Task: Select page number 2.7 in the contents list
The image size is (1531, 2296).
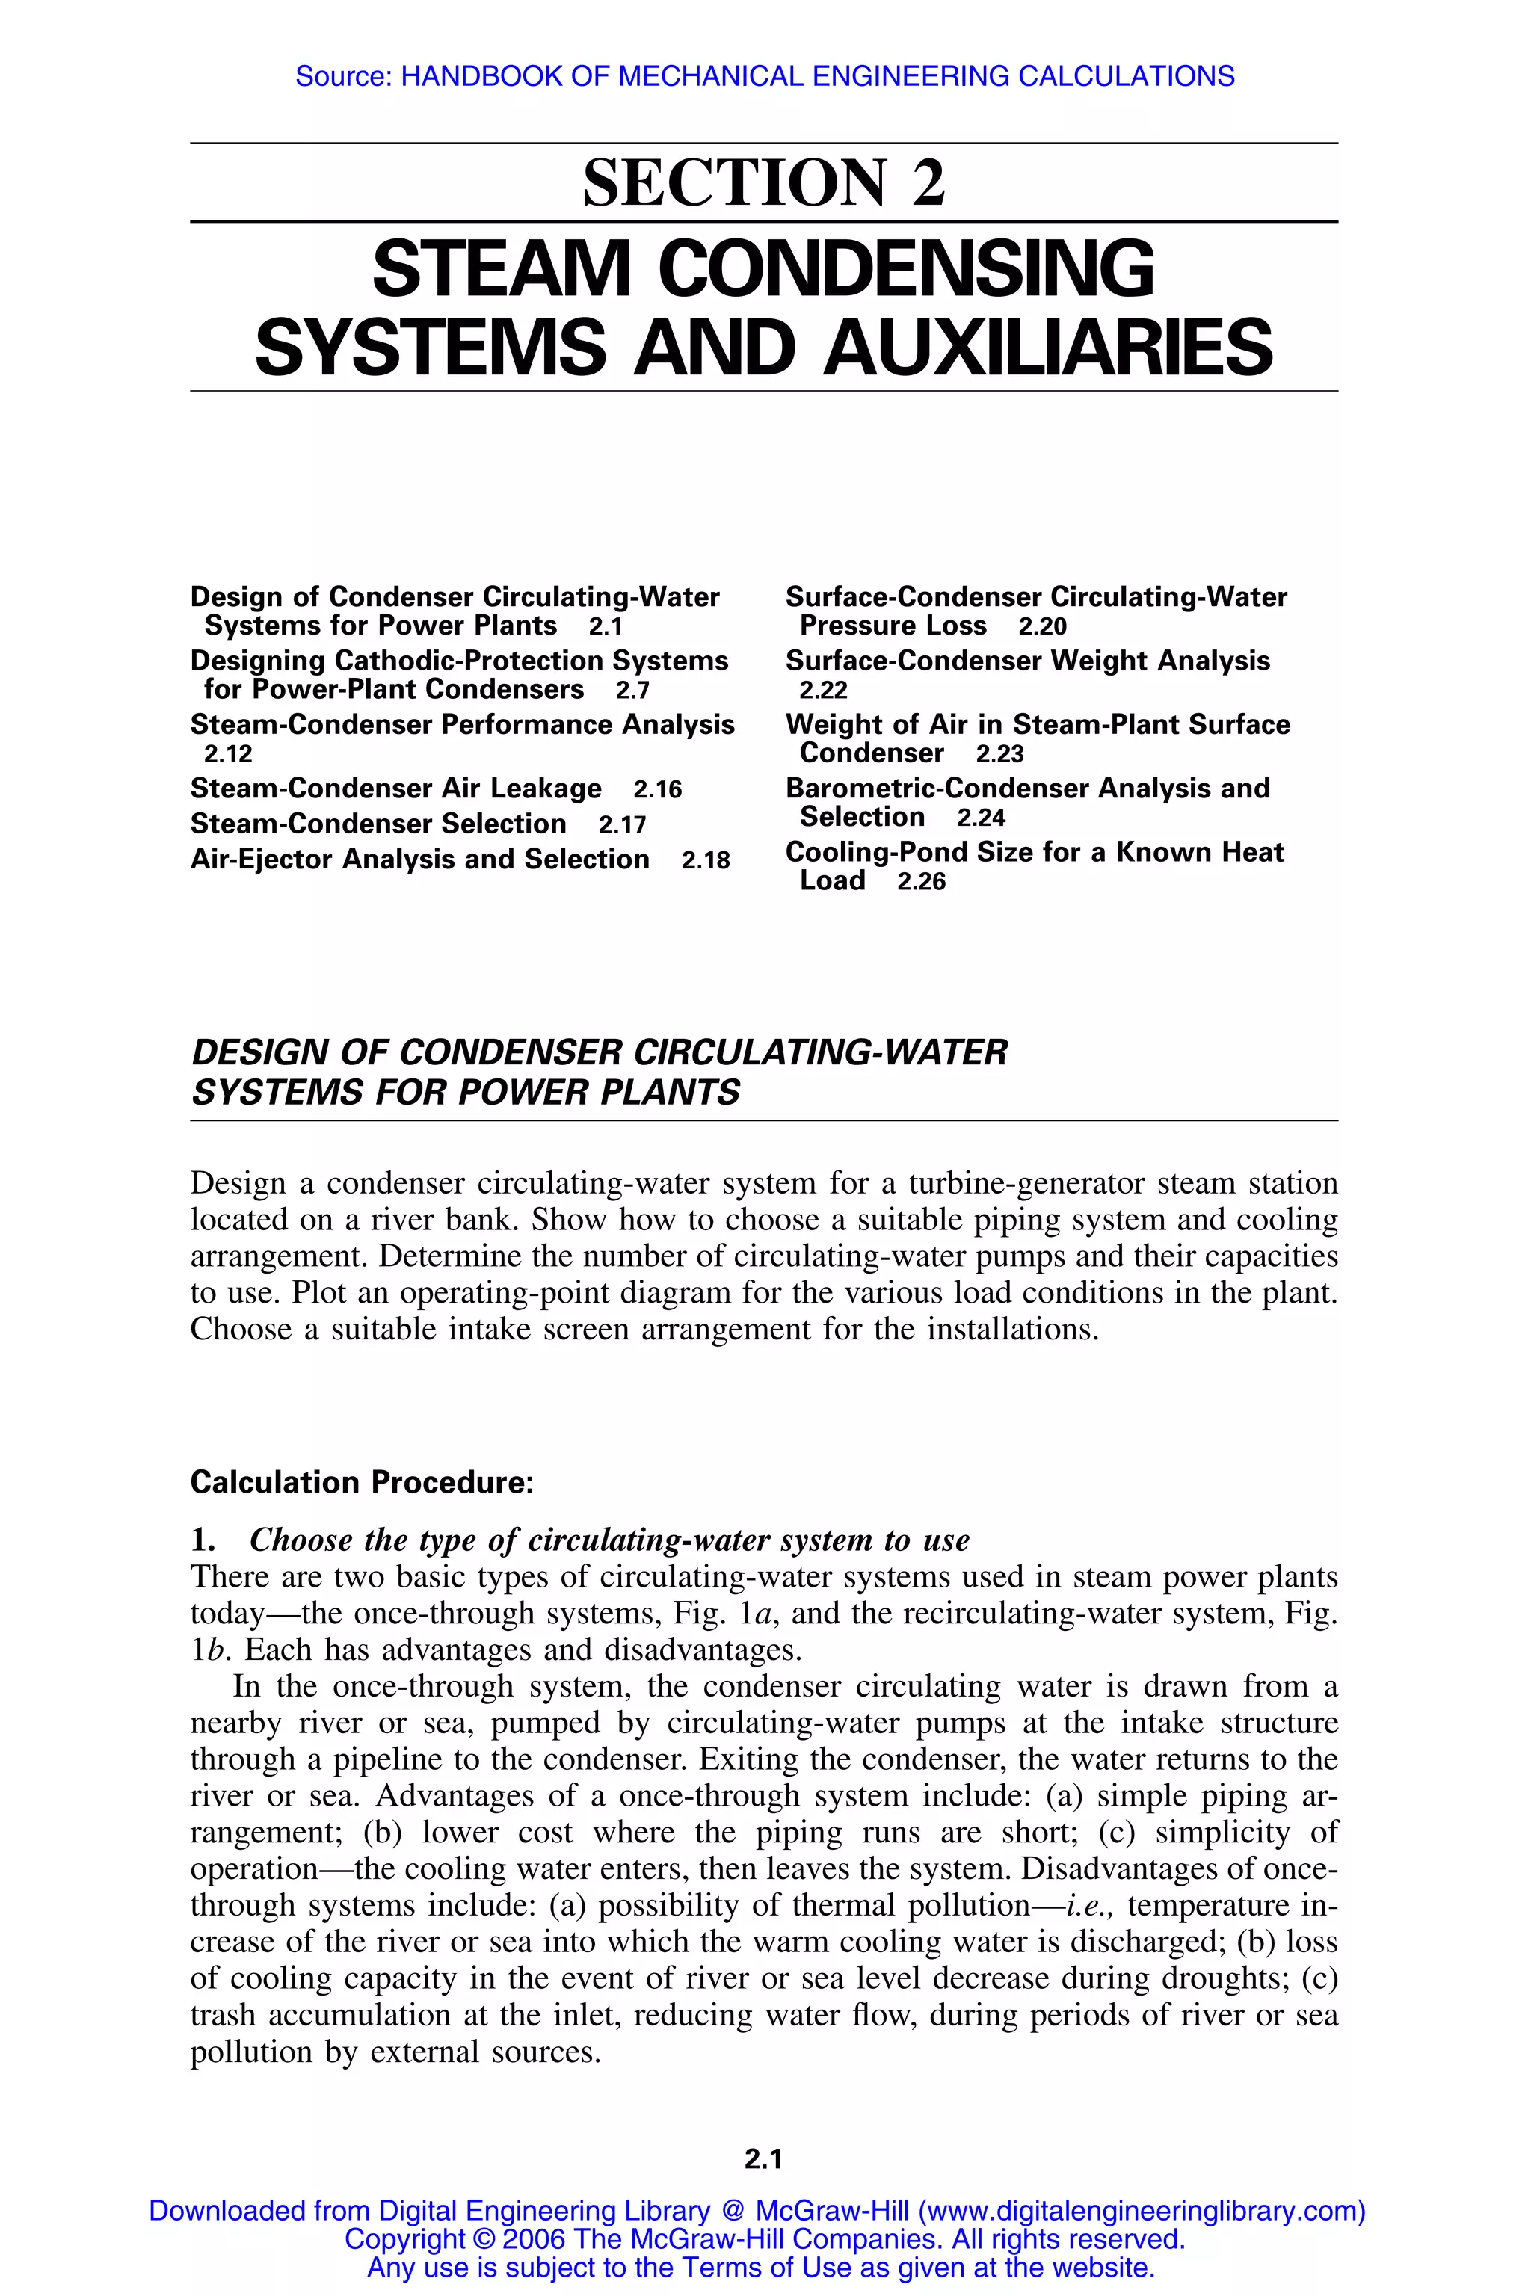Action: pos(632,690)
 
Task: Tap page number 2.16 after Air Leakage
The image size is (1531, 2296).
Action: pos(657,789)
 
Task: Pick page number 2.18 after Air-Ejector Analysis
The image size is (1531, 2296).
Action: pos(705,860)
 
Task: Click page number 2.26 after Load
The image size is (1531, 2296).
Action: pos(921,881)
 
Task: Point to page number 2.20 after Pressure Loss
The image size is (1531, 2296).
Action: pos(1042,627)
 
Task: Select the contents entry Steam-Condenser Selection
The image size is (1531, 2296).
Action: pos(378,824)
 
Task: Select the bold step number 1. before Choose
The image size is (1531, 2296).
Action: pos(202,1540)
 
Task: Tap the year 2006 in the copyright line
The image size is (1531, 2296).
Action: pos(533,2239)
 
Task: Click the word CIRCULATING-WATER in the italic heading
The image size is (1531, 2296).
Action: pos(820,1052)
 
